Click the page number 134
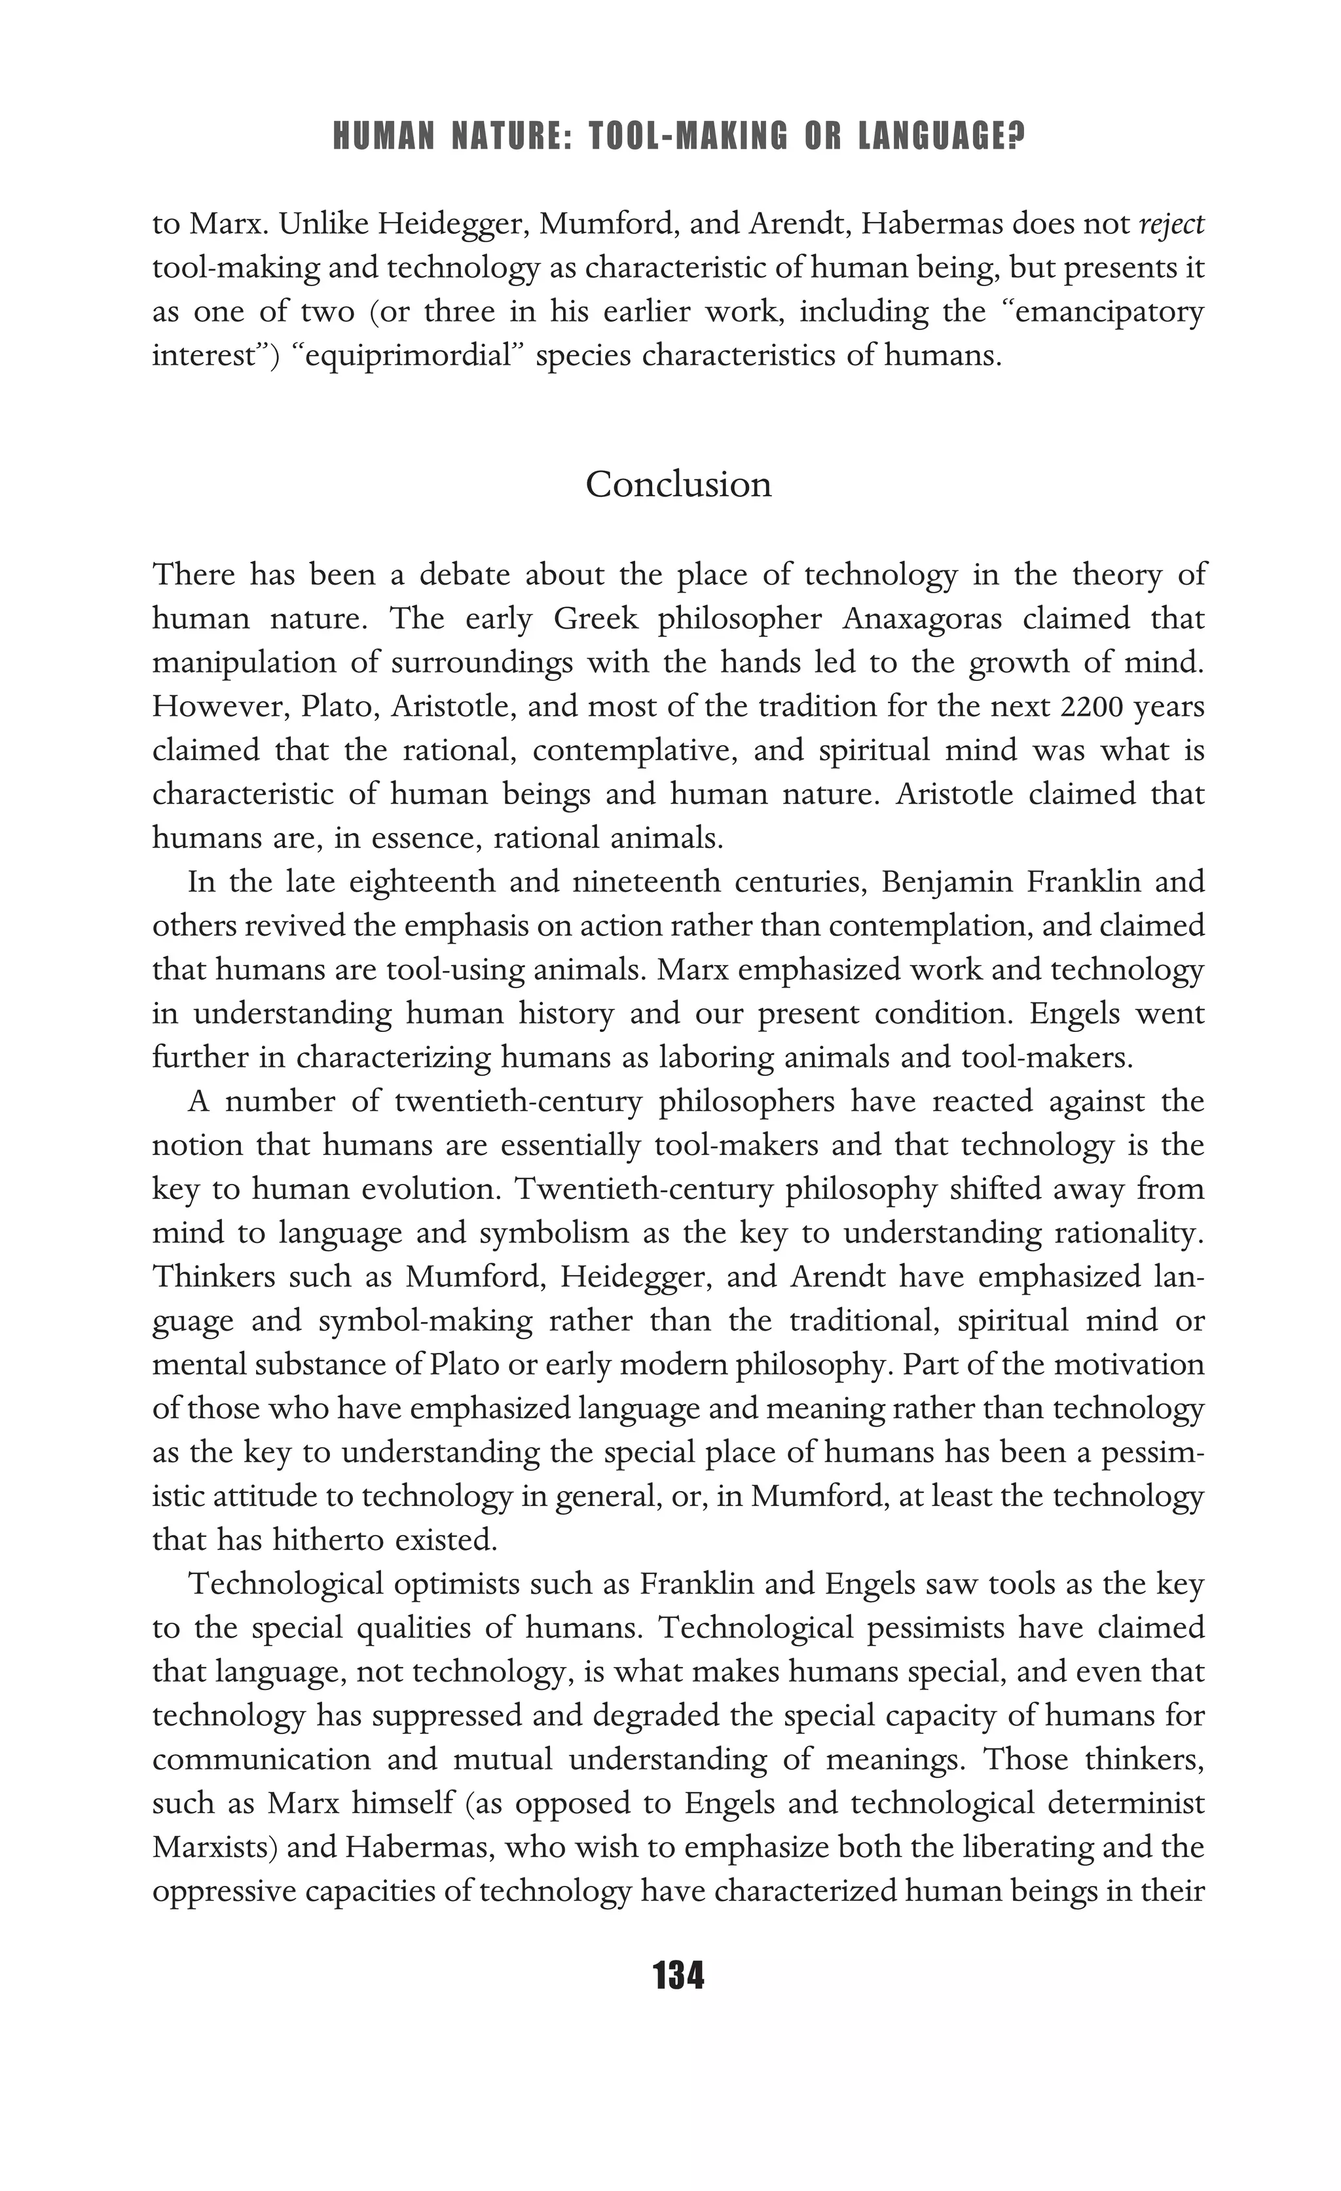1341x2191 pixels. (678, 1976)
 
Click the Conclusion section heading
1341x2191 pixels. (678, 485)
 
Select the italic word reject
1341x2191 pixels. (1171, 224)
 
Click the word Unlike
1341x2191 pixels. (323, 224)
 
